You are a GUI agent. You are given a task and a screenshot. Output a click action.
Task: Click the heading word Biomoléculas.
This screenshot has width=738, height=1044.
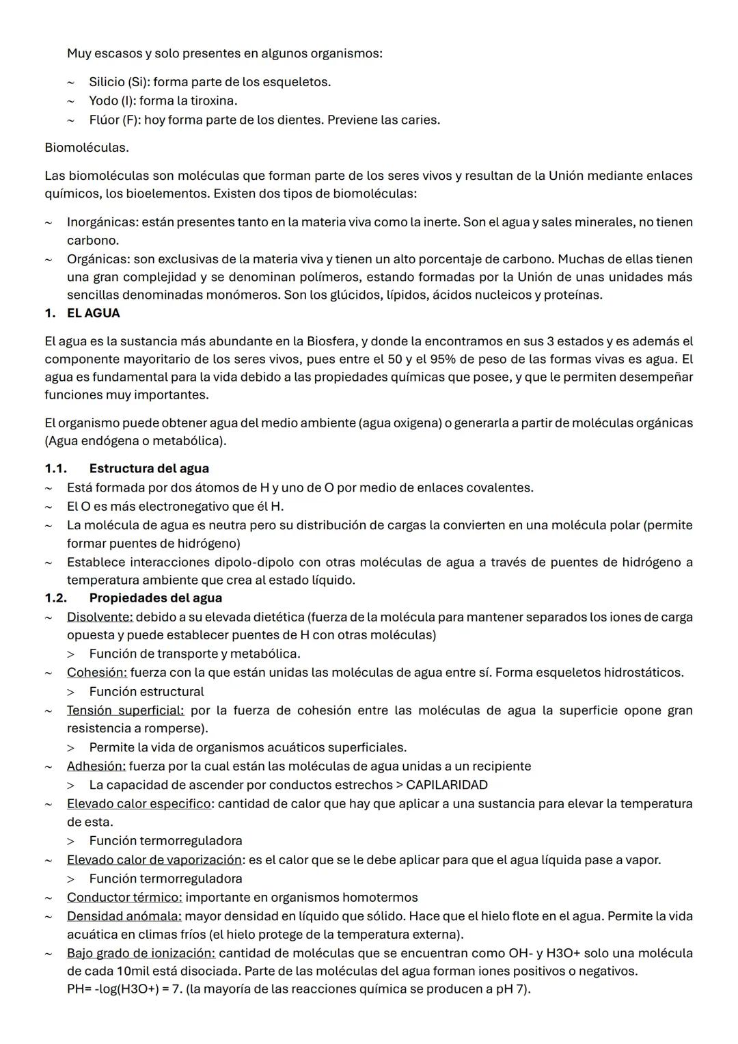pos(87,147)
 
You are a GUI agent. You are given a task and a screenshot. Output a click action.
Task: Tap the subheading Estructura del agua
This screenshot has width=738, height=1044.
pos(149,468)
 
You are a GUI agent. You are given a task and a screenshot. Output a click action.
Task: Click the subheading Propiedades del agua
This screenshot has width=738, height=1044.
pos(155,598)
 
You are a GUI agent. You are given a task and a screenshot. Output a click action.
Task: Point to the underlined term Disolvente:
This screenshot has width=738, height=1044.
pos(100,617)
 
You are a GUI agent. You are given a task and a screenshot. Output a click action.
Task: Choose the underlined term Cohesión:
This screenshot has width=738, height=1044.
pos(97,672)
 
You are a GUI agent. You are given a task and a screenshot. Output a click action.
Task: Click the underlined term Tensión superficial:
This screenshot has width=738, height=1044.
pos(125,710)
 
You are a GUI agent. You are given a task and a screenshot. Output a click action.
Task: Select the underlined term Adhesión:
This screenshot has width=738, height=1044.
pos(96,766)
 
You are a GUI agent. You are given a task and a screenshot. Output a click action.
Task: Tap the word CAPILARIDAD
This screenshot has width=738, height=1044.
pos(447,785)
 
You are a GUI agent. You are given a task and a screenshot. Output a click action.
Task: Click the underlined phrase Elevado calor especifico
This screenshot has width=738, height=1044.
pos(139,803)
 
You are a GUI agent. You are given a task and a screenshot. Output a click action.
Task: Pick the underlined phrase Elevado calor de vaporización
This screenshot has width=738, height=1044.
pos(154,859)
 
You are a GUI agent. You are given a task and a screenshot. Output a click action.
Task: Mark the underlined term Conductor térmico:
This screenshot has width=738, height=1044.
pos(124,897)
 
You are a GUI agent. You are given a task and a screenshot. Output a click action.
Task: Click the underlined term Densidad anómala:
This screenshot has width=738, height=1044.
pos(124,915)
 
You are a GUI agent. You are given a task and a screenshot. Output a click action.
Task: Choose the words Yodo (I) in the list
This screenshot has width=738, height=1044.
pos(111,101)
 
